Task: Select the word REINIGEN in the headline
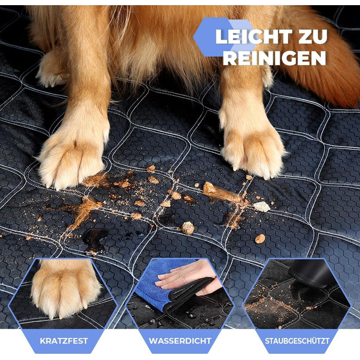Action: [x=274, y=58]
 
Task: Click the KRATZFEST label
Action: [x=64, y=340]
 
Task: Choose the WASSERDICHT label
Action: [x=180, y=340]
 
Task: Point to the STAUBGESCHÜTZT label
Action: [x=297, y=340]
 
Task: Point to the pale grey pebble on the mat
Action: [x=261, y=207]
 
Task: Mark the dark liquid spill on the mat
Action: [x=95, y=239]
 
